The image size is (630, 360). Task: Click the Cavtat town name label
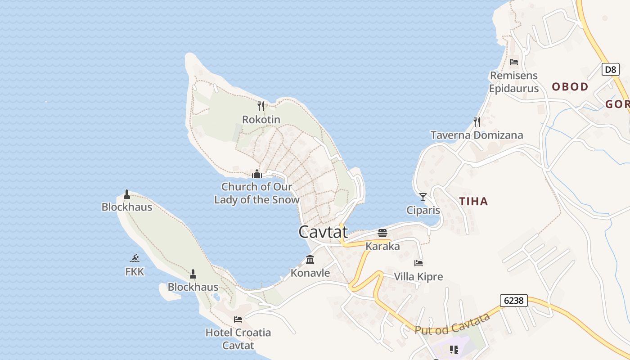click(323, 232)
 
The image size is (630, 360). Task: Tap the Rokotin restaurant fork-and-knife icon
click(261, 106)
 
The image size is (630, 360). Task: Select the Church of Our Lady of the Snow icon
click(257, 174)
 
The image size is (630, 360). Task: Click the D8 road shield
click(610, 69)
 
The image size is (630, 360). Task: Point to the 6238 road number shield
click(513, 300)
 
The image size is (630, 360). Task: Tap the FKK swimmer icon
click(135, 258)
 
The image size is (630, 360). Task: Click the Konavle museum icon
click(310, 259)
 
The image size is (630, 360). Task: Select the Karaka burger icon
click(382, 233)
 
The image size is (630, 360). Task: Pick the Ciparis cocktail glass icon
click(423, 197)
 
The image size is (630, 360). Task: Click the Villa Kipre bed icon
click(418, 263)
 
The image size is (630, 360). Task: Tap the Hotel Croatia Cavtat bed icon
click(238, 319)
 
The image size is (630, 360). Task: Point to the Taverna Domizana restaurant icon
click(477, 121)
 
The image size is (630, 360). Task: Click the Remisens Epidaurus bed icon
click(514, 62)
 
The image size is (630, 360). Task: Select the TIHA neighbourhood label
click(473, 201)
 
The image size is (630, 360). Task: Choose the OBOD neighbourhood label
click(570, 87)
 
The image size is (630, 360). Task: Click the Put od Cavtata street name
click(452, 324)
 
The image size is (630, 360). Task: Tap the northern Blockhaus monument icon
click(127, 194)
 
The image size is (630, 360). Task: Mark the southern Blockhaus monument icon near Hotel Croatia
click(193, 274)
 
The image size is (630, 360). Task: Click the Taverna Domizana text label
click(477, 135)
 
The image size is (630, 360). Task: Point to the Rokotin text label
click(261, 119)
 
